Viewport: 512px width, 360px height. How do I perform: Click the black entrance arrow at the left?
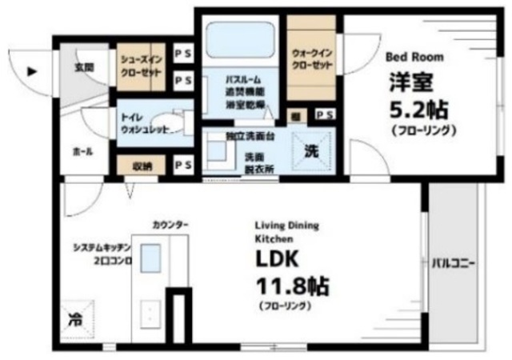point(32,70)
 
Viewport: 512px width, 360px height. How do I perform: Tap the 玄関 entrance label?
point(84,68)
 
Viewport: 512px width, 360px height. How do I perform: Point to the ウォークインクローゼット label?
point(310,58)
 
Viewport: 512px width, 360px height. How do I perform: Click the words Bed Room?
point(414,58)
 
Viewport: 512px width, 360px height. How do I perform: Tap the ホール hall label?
point(82,150)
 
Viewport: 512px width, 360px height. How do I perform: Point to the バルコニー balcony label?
point(454,263)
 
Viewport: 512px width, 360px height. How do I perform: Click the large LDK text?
point(277,260)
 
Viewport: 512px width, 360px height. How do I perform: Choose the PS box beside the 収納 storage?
point(182,166)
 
